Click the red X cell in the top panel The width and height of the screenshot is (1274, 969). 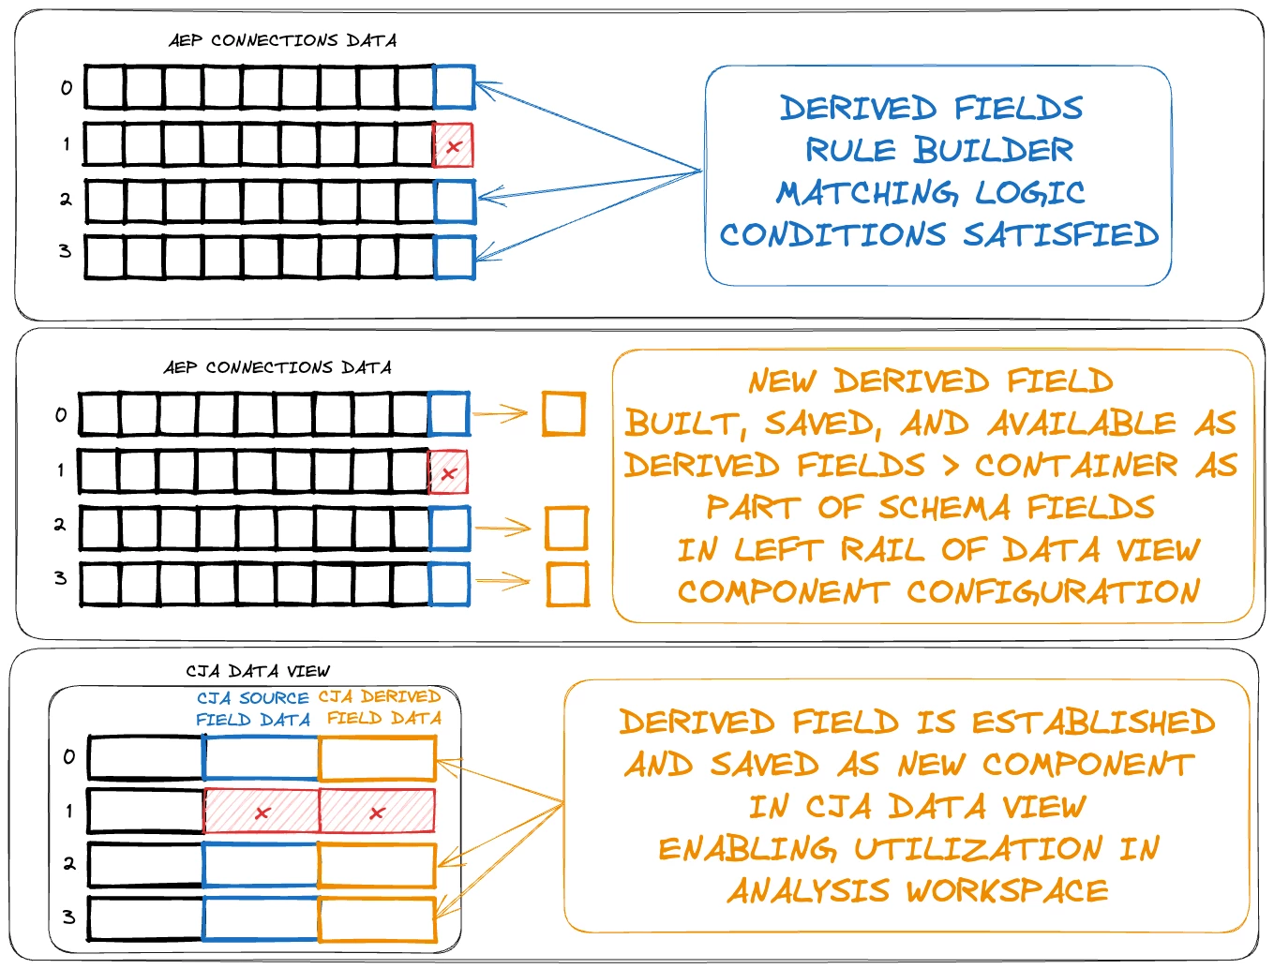point(453,146)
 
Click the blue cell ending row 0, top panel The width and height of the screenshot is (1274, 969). point(455,87)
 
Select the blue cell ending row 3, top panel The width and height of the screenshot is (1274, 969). point(456,257)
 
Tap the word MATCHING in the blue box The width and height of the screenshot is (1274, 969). point(867,192)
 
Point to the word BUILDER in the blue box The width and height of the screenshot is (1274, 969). point(994,150)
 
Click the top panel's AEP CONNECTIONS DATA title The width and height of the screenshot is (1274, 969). point(282,40)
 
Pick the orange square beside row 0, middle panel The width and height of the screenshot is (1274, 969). point(563,414)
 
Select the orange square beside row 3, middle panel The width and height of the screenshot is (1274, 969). point(567,585)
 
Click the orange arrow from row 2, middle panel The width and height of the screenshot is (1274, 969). point(503,529)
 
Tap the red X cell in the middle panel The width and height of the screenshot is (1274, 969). point(448,472)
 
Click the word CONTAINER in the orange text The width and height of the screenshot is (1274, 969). point(1076,465)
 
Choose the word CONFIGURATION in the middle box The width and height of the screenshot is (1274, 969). point(1053,591)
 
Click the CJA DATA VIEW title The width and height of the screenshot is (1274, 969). point(258,671)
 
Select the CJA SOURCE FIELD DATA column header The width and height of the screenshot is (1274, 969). point(253,708)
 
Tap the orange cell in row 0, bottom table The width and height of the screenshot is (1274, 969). point(377,758)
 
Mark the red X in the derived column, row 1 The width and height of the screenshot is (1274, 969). point(377,812)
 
